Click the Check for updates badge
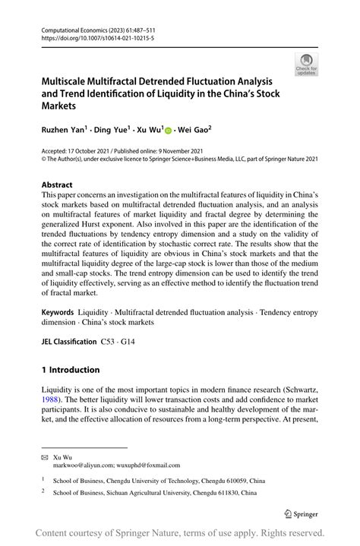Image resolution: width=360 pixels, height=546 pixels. click(x=306, y=65)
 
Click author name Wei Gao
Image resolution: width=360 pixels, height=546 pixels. click(x=194, y=130)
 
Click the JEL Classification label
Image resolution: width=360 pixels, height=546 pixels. click(x=69, y=342)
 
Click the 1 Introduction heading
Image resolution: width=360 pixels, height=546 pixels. click(x=71, y=370)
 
